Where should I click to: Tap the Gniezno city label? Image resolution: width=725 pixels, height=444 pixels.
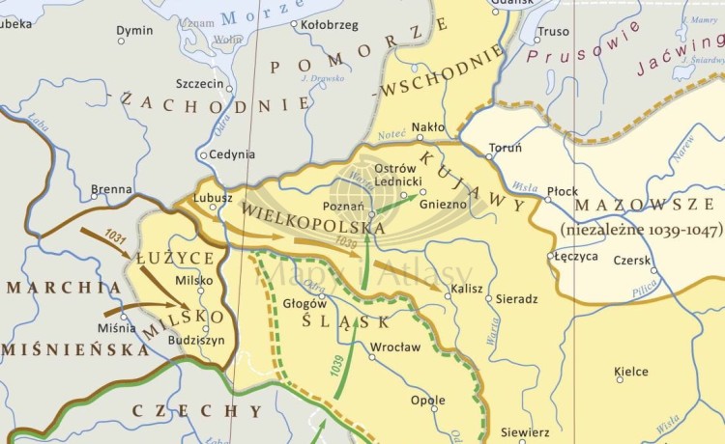[446, 205]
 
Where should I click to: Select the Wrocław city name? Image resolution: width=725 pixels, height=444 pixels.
[395, 347]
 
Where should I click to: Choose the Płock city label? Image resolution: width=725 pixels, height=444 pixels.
[562, 190]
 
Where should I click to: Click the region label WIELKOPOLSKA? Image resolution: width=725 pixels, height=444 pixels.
[310, 219]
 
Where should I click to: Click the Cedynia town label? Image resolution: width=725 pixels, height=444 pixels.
[233, 153]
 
